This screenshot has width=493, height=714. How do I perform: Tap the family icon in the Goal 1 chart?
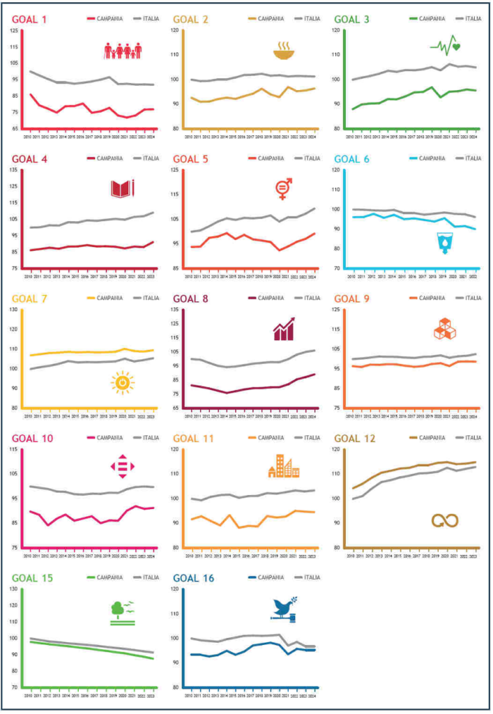point(123,51)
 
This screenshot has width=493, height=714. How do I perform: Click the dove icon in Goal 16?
point(285,609)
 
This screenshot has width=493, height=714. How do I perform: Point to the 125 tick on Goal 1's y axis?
point(15,31)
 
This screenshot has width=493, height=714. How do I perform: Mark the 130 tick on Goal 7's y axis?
point(15,310)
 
